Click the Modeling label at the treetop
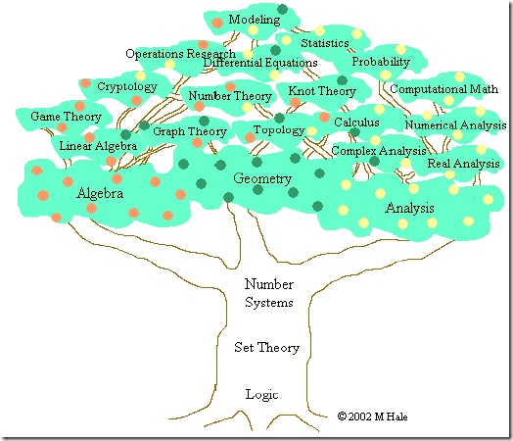pos(255,20)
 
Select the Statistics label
pos(325,43)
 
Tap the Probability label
pos(381,62)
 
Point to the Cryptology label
pos(127,87)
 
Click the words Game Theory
pos(66,117)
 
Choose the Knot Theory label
pos(322,91)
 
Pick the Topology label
pos(279,130)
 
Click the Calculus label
pos(356,122)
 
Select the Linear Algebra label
pos(98,146)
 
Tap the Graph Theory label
pos(190,131)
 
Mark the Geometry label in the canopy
pos(262,178)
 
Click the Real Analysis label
pos(464,164)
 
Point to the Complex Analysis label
pos(379,151)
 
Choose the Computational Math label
pos(443,89)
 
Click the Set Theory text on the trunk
pos(266,347)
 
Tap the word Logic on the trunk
pos(261,394)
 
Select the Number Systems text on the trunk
pos(269,293)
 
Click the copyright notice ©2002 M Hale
pos(372,416)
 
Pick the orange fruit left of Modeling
pos(217,23)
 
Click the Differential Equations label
pos(260,63)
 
